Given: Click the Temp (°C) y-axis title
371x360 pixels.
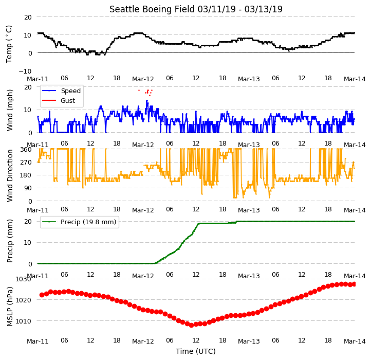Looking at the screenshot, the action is pyautogui.click(x=9, y=44).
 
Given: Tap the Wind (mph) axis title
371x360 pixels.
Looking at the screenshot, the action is pyautogui.click(x=10, y=110).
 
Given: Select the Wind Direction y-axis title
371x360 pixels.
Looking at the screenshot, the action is pyautogui.click(x=10, y=175).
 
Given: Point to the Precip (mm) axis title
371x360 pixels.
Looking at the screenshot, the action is pyautogui.click(x=10, y=241).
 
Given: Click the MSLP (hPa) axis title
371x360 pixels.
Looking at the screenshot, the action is pyautogui.click(x=10, y=307).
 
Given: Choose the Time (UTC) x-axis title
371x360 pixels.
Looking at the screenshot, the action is pyautogui.click(x=196, y=351).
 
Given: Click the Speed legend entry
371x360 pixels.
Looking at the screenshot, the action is pyautogui.click(x=62, y=91).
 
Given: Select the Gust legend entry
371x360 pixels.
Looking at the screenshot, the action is pyautogui.click(x=59, y=101).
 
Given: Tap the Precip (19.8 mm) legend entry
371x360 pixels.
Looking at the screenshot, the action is pyautogui.click(x=79, y=222).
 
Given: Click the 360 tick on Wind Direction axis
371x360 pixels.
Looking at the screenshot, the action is pyautogui.click(x=26, y=150).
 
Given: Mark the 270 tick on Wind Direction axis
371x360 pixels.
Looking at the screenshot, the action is pyautogui.click(x=26, y=163).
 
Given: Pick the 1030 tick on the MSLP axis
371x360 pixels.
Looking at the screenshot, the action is pyautogui.click(x=23, y=279).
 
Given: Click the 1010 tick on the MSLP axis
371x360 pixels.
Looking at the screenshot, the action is pyautogui.click(x=23, y=321).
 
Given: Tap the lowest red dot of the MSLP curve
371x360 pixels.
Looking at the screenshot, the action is pyautogui.click(x=192, y=325).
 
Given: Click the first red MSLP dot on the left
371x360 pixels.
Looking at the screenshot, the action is pyautogui.click(x=42, y=295).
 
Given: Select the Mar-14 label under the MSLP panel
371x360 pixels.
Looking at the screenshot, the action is pyautogui.click(x=355, y=341).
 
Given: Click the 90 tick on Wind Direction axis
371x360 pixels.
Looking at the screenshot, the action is pyautogui.click(x=28, y=188).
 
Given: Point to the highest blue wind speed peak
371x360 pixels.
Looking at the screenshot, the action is pyautogui.click(x=147, y=101).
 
